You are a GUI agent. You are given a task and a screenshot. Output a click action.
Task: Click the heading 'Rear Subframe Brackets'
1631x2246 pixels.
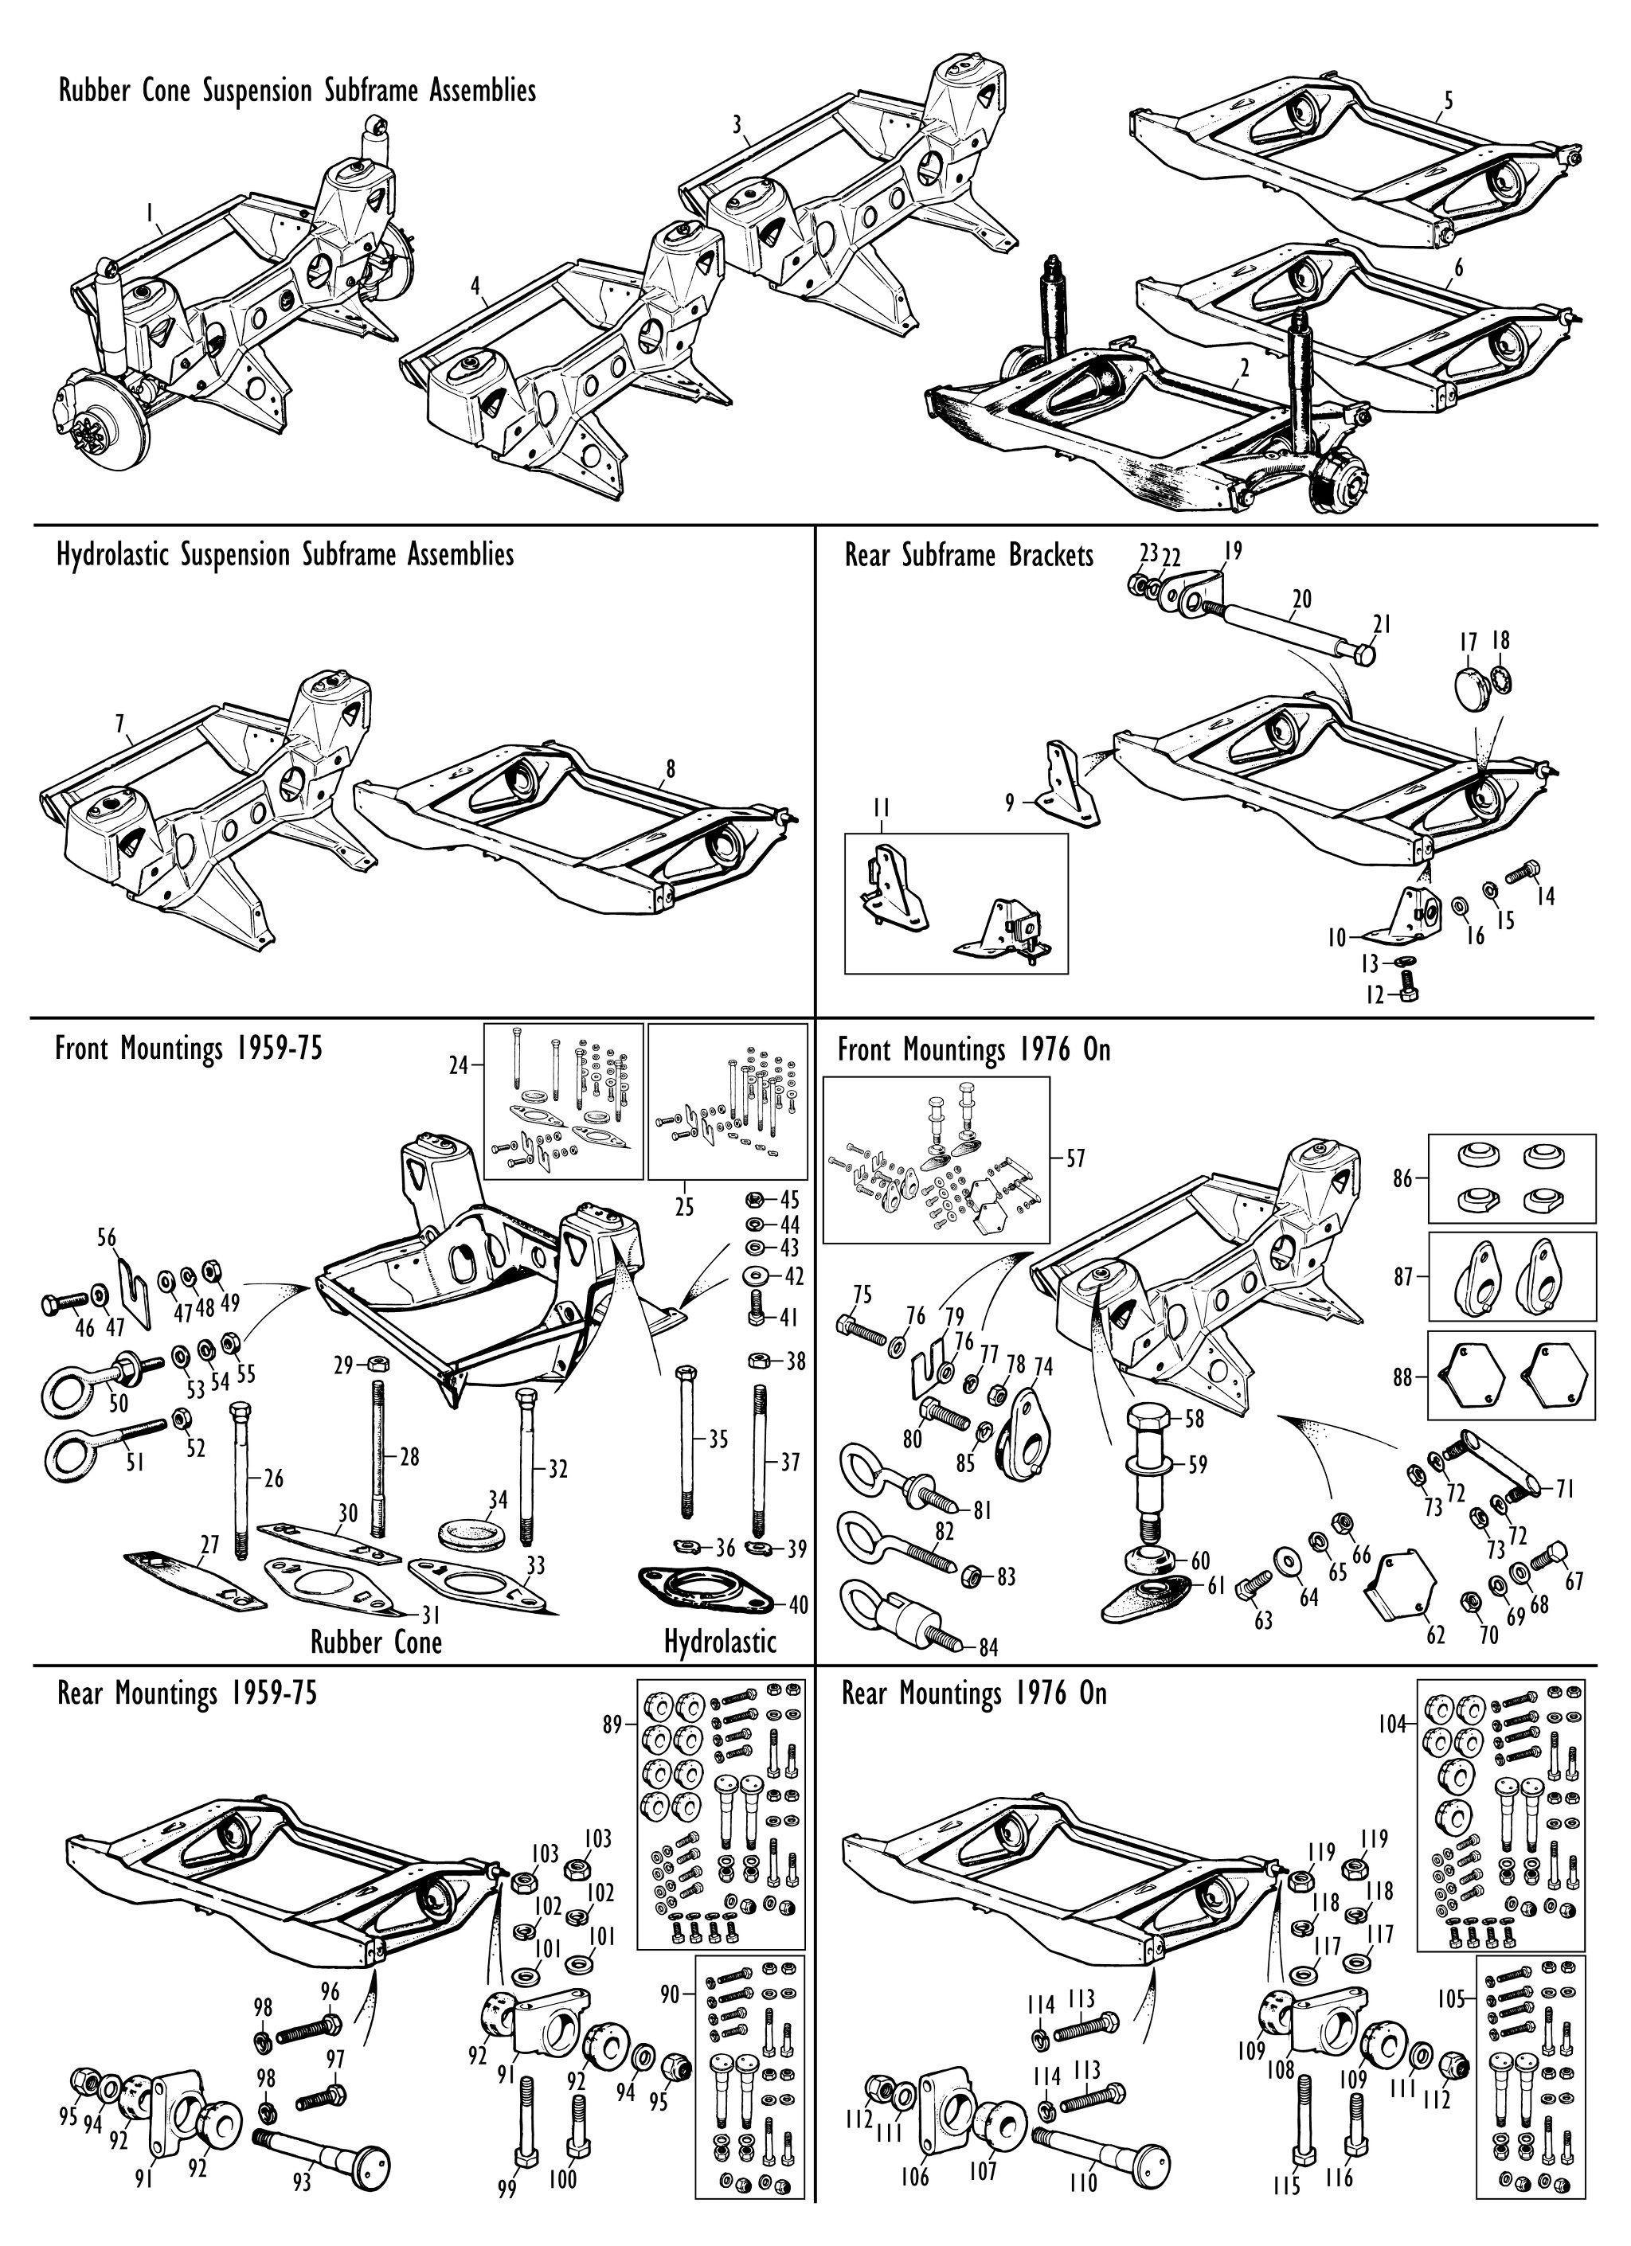tap(968, 556)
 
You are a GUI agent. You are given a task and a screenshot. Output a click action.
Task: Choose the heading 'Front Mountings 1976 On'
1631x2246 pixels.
tap(973, 1049)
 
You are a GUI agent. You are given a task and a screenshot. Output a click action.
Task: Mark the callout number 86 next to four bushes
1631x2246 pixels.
tap(1402, 1179)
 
